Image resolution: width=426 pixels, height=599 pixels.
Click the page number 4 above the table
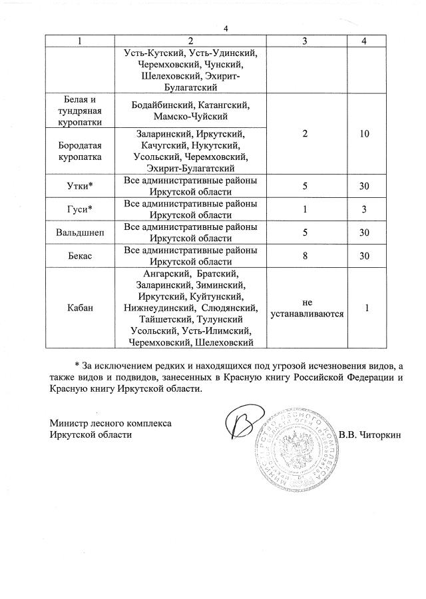(226, 29)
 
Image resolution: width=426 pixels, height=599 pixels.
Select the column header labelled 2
(190, 41)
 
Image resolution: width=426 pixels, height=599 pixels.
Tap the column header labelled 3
(305, 41)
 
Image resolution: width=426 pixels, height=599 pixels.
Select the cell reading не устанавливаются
(305, 308)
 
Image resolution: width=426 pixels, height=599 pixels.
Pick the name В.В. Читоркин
(370, 435)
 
